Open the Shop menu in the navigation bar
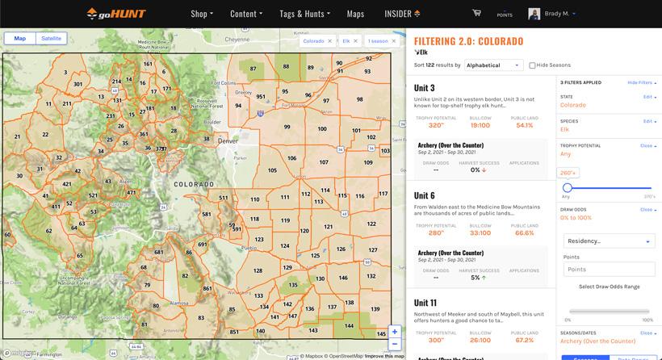click(202, 14)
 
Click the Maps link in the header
click(355, 14)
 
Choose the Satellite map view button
click(52, 38)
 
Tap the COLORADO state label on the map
click(194, 183)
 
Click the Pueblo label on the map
click(248, 248)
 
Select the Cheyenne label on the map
click(237, 39)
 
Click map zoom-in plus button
click(395, 332)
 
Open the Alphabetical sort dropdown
click(493, 65)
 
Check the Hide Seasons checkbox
click(533, 65)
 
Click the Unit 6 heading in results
click(425, 195)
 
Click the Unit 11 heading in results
click(426, 302)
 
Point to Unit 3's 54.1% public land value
click(524, 125)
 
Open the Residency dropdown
click(609, 241)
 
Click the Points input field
click(609, 269)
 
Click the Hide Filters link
click(640, 82)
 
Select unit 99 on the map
click(287, 127)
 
